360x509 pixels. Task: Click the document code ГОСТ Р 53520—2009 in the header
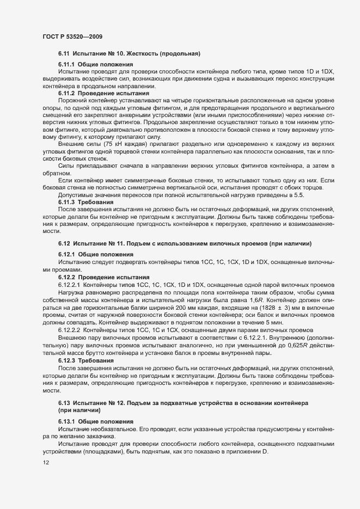coord(72,36)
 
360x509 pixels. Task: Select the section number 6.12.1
coord(66,254)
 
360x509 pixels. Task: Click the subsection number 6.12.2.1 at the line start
coord(69,285)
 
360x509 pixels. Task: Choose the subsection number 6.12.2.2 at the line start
coord(69,330)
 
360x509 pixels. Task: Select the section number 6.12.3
coord(66,361)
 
